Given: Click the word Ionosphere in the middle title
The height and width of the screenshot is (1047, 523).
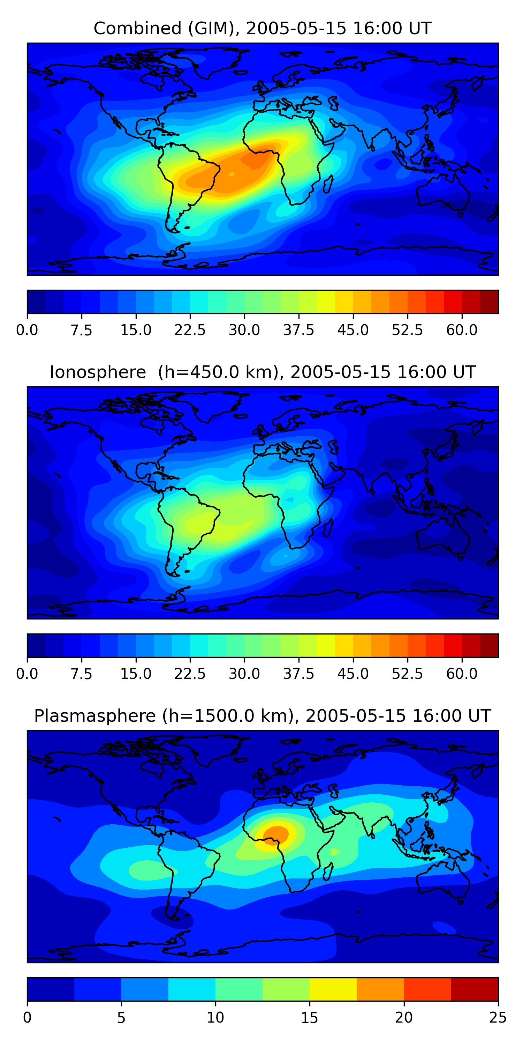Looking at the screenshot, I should point(98,372).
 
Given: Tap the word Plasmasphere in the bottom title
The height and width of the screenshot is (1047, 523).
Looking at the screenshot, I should point(94,716).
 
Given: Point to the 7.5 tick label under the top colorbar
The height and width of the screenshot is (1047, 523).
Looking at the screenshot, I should point(81,330).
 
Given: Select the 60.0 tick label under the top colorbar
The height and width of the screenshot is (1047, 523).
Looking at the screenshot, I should point(462,330).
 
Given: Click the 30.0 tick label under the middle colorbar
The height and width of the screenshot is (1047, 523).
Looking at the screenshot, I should point(244,674).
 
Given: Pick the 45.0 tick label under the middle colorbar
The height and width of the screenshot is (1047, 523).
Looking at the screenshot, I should point(353,674).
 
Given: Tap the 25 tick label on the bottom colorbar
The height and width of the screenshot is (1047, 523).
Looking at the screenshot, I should point(498,1018).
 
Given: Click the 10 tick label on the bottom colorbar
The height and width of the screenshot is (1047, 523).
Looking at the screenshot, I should point(215,1018).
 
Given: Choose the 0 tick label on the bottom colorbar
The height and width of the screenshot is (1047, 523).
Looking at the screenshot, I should point(27,1018).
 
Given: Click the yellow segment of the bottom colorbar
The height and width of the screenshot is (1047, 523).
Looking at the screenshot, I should point(333,989).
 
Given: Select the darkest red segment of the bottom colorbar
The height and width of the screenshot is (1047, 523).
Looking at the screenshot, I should point(474,989).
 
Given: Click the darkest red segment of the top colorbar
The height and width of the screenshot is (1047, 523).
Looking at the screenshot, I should point(489,302).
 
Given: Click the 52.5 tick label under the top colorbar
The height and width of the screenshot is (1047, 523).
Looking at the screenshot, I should point(407,330).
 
